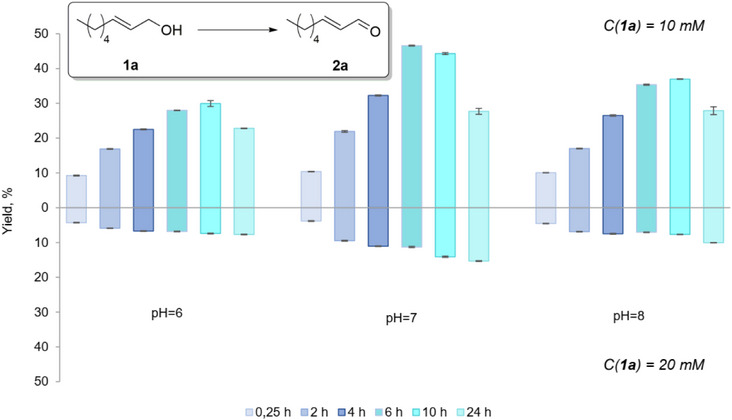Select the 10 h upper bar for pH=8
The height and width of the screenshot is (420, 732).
click(x=685, y=143)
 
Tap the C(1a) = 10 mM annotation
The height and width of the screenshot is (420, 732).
click(x=662, y=26)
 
